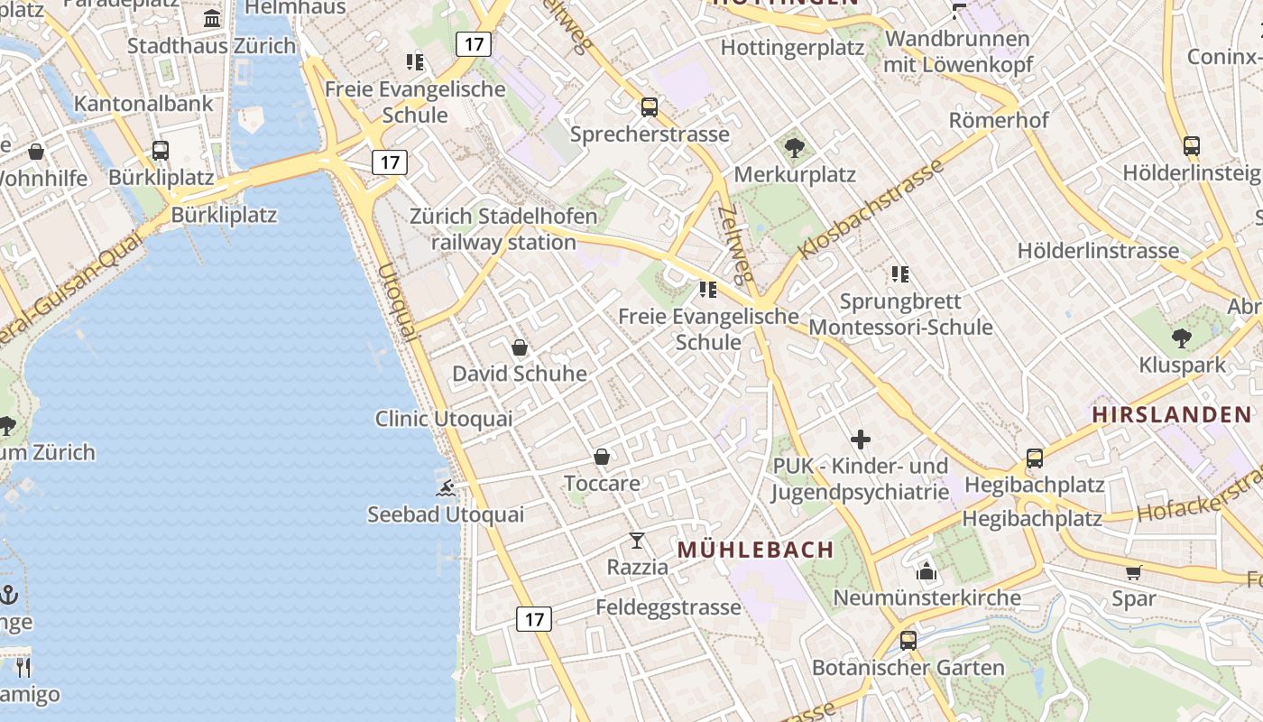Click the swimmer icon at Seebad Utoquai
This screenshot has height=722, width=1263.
click(446, 488)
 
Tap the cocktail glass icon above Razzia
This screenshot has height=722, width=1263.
click(637, 541)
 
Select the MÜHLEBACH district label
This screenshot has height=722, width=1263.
click(755, 550)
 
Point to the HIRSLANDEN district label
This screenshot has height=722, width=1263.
click(1172, 415)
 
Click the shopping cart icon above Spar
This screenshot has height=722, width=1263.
click(1134, 572)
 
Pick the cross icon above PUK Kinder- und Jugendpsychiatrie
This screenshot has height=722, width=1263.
click(861, 440)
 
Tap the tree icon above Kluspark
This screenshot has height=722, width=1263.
click(1182, 339)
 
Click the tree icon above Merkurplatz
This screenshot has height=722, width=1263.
click(795, 148)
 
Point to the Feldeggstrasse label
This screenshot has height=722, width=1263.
click(668, 607)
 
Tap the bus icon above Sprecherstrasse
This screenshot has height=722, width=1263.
click(649, 107)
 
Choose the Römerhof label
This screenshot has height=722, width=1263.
click(999, 120)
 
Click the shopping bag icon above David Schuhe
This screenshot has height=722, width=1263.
click(520, 347)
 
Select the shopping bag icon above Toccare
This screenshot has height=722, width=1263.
click(602, 458)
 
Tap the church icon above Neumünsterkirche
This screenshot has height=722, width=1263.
click(927, 571)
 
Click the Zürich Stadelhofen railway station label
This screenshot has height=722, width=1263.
click(503, 229)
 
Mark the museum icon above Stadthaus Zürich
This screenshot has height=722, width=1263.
click(212, 19)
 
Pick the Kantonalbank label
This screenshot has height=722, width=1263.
click(143, 103)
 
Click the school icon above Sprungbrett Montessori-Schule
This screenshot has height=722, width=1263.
click(899, 274)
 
